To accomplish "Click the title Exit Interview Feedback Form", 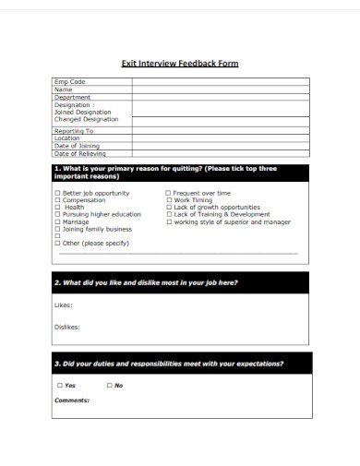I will click(x=180, y=64).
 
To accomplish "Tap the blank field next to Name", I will click(x=220, y=90).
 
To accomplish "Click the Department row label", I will click(x=73, y=97).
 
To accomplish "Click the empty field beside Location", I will click(x=220, y=139).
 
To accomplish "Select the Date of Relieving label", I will click(x=80, y=154).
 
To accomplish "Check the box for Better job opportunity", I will click(x=57, y=194).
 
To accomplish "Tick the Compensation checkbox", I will click(x=57, y=200).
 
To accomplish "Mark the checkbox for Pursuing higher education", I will click(x=57, y=214).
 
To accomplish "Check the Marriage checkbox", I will click(x=57, y=221).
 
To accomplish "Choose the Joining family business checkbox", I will click(x=57, y=229).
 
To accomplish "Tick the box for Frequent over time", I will click(x=168, y=194).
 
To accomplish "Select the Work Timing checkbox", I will click(x=168, y=200).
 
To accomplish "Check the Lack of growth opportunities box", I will click(x=168, y=208).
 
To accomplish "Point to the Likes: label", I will click(x=64, y=304).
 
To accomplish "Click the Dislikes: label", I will click(x=67, y=327).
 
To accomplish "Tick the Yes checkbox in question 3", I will click(x=60, y=386).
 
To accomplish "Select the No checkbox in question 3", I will click(x=109, y=386).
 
